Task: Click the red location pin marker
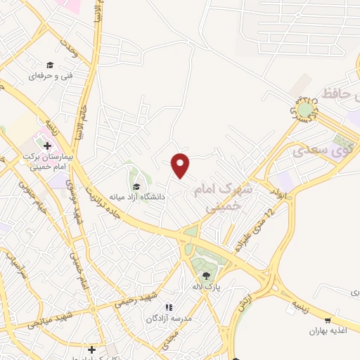[x=181, y=165]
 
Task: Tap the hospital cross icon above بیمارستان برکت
[x=47, y=146]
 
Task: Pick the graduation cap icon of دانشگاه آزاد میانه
[x=136, y=186]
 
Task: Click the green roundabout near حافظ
[x=305, y=110]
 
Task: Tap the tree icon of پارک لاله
[x=205, y=275]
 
